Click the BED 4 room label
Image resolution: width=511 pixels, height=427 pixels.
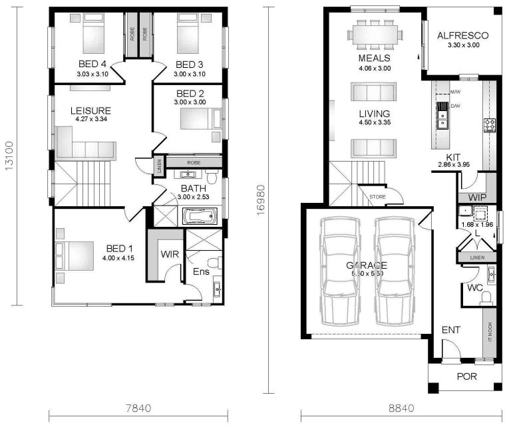[92, 64]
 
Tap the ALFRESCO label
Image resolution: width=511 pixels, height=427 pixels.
[462, 36]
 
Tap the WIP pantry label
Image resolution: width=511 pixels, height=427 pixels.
[477, 198]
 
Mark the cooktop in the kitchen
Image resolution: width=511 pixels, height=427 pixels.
[490, 124]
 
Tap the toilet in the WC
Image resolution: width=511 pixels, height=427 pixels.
[486, 296]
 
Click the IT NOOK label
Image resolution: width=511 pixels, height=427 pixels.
[490, 332]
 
